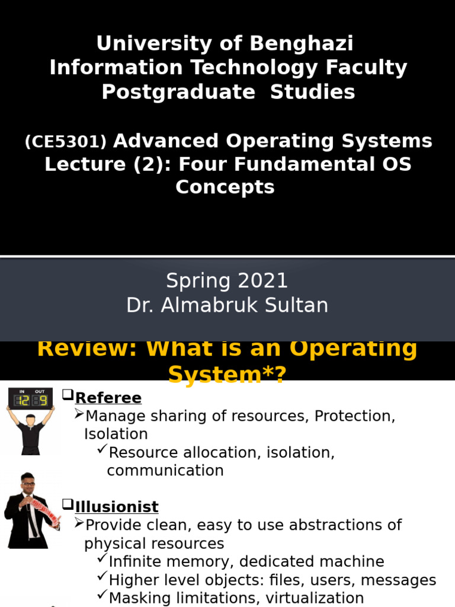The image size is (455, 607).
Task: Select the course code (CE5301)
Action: (66, 142)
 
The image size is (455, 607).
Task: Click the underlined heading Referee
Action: (108, 398)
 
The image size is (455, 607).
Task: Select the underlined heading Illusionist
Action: (117, 507)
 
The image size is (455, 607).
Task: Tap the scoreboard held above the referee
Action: (30, 399)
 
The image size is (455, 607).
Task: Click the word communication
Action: (165, 471)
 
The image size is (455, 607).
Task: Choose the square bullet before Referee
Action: (68, 395)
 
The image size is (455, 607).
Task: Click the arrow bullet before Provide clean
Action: (79, 523)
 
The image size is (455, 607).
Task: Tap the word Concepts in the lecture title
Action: (225, 187)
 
